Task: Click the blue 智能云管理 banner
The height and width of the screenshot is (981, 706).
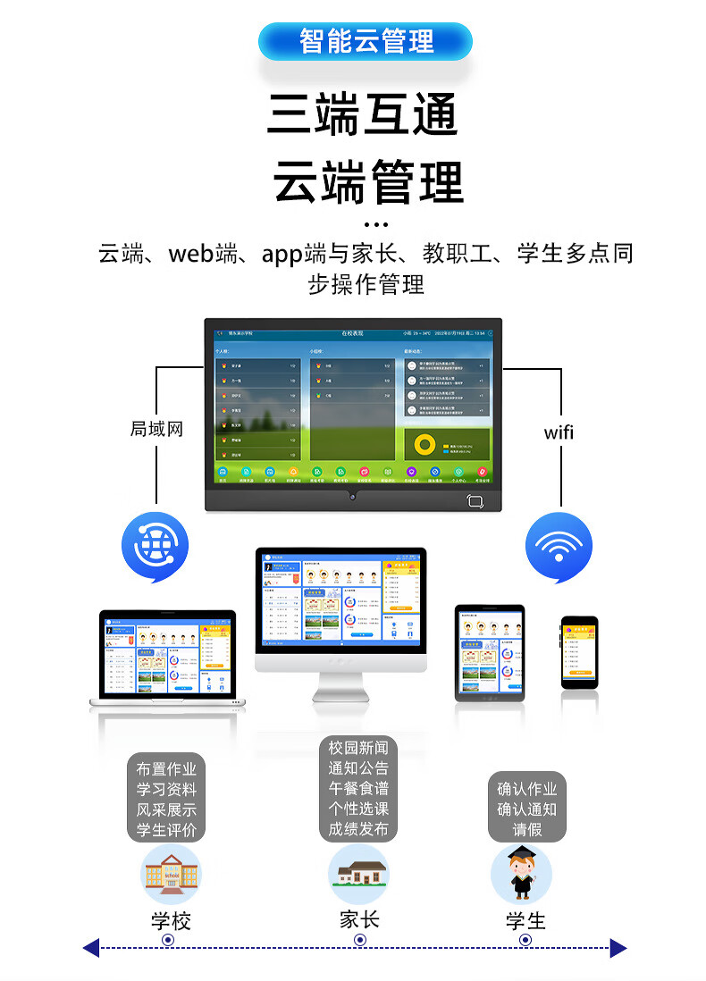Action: point(366,41)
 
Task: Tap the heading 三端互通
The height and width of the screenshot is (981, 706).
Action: point(364,114)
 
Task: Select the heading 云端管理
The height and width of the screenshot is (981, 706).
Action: point(368,181)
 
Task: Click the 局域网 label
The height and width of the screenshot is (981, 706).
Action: point(156,429)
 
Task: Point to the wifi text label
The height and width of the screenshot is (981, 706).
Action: point(559,433)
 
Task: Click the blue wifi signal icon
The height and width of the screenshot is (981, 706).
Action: point(559,546)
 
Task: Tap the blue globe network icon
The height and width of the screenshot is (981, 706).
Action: point(155,546)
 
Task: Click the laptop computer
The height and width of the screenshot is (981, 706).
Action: point(168,658)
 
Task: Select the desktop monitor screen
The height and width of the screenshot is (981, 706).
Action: point(341,599)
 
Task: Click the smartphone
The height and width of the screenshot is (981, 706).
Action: point(579,652)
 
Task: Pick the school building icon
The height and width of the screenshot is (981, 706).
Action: point(171,873)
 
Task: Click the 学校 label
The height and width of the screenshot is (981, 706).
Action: point(171,921)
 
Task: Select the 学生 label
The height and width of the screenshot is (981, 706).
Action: point(525,921)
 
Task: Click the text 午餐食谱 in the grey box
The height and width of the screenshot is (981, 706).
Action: point(358,788)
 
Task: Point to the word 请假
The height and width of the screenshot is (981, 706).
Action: point(526,828)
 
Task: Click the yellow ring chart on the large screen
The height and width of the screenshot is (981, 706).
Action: point(425,444)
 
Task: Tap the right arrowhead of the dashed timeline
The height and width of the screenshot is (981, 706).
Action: point(618,948)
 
